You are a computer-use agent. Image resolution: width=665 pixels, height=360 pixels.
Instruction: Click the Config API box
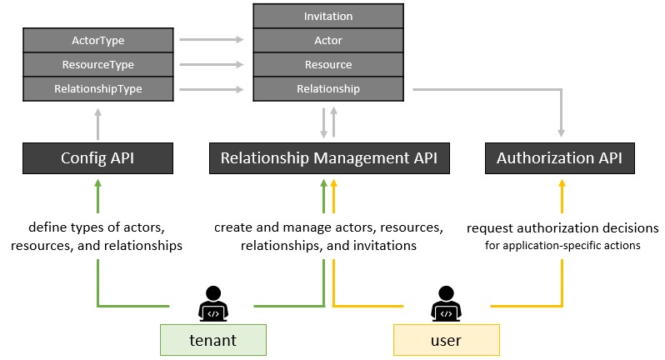[x=97, y=157]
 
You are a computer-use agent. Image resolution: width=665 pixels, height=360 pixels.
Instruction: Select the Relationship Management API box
[x=328, y=157]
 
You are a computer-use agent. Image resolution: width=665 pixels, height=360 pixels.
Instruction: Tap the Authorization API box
[x=560, y=157]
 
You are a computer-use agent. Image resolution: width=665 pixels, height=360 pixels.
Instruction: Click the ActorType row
[x=97, y=39]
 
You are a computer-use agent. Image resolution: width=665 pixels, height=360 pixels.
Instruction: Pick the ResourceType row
[x=97, y=64]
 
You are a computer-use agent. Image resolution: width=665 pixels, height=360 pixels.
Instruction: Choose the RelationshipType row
[x=97, y=88]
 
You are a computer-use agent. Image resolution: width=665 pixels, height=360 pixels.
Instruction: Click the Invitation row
[x=328, y=16]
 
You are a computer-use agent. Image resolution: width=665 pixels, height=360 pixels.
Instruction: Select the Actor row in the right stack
[x=328, y=40]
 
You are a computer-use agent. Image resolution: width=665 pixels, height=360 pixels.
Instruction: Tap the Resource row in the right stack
[x=328, y=64]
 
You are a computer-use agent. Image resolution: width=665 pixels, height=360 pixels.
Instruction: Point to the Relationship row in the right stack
[x=328, y=88]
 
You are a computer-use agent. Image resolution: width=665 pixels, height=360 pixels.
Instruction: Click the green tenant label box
[x=213, y=341]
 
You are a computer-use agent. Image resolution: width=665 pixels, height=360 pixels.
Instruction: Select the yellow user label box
[x=446, y=341]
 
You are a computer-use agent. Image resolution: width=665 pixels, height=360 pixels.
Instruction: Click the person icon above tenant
[x=213, y=304]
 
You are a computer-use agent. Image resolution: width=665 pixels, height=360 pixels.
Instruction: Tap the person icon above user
[x=446, y=304]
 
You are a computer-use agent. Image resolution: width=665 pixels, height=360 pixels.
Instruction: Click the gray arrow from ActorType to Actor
[x=212, y=39]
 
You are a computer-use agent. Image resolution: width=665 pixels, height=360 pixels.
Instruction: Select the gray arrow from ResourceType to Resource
[x=212, y=64]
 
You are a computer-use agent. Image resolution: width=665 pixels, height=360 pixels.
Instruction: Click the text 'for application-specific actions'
[x=562, y=246]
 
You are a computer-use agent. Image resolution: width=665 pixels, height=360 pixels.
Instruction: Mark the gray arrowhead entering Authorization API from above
[x=562, y=132]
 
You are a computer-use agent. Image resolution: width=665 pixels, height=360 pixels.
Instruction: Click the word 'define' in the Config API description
[x=47, y=227]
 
